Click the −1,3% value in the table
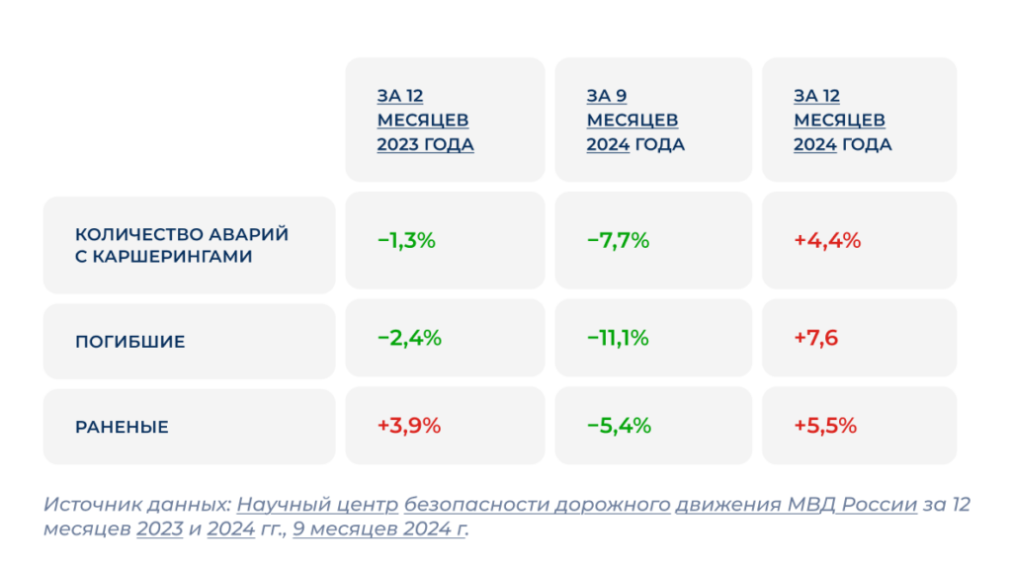pyautogui.click(x=406, y=241)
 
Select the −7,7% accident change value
pyautogui.click(x=618, y=241)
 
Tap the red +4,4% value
pyautogui.click(x=827, y=241)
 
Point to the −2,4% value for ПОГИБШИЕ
pyautogui.click(x=409, y=338)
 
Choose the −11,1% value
pyautogui.click(x=618, y=338)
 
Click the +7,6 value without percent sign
pyautogui.click(x=815, y=338)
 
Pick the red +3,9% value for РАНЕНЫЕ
pyautogui.click(x=409, y=426)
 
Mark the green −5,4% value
pyautogui.click(x=619, y=426)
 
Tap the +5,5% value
pyautogui.click(x=825, y=426)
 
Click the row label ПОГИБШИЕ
pyautogui.click(x=130, y=342)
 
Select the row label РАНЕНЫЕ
pyautogui.click(x=122, y=427)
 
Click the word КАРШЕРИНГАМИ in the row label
pyautogui.click(x=172, y=257)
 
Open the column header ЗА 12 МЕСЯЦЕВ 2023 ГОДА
pyautogui.click(x=425, y=120)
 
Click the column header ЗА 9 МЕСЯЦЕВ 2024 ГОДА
pyautogui.click(x=635, y=120)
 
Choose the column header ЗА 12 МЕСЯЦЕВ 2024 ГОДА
pyautogui.click(x=843, y=120)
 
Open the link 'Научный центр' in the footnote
pyautogui.click(x=317, y=505)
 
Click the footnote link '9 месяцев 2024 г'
pyautogui.click(x=379, y=529)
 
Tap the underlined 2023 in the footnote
pyautogui.click(x=160, y=529)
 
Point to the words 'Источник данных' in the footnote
pyautogui.click(x=135, y=505)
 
